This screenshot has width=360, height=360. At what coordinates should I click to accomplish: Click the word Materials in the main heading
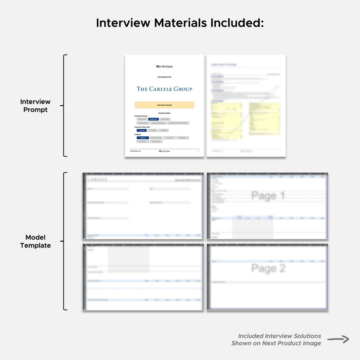[179, 23]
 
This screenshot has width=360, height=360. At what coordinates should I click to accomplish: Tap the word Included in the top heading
[236, 23]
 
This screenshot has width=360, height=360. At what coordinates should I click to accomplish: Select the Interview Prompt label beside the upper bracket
[36, 106]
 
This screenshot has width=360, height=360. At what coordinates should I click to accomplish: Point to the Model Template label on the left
[36, 242]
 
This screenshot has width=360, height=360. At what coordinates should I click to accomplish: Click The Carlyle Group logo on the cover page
[164, 89]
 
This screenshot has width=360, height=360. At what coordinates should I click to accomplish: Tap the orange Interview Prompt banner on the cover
[164, 105]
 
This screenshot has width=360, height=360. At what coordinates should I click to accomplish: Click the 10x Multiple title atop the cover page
[164, 67]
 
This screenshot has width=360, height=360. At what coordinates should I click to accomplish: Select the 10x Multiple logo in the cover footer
[164, 151]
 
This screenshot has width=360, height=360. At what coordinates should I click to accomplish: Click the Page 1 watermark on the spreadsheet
[268, 196]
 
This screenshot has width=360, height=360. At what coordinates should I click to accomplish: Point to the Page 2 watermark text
[268, 269]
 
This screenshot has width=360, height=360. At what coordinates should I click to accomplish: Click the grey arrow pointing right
[338, 340]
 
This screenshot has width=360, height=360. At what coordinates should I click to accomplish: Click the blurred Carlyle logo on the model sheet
[97, 180]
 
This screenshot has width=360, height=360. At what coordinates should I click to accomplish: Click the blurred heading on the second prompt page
[224, 65]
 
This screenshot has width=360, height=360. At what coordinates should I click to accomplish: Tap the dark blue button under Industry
[143, 138]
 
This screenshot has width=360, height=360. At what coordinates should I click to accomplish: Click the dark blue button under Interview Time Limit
[141, 130]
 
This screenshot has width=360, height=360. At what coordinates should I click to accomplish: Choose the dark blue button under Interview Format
[153, 119]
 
